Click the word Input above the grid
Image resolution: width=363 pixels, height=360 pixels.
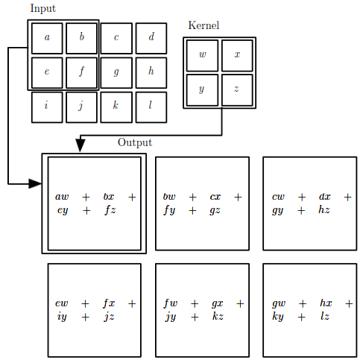pyautogui.click(x=43, y=9)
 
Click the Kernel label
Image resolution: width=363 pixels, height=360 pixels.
pyautogui.click(x=203, y=25)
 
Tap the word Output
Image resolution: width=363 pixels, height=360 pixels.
pyautogui.click(x=135, y=143)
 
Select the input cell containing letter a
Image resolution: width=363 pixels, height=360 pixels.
pyautogui.click(x=47, y=38)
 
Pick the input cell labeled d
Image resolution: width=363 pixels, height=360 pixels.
pyautogui.click(x=151, y=38)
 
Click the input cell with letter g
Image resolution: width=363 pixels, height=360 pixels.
pyautogui.click(x=116, y=73)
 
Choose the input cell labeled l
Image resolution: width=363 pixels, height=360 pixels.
pyautogui.click(x=151, y=107)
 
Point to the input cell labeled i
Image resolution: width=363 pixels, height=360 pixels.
pyautogui.click(x=47, y=107)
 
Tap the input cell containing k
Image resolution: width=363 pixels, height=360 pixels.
pyautogui.click(x=116, y=107)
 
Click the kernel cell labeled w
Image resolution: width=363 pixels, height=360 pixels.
pyautogui.click(x=203, y=56)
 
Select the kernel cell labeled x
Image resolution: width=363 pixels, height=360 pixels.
pyautogui.click(x=237, y=56)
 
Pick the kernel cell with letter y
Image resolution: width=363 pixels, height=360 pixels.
pyautogui.click(x=203, y=90)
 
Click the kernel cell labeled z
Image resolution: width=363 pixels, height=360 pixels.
pyautogui.click(x=237, y=90)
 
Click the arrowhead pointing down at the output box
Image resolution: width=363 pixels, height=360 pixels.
pyautogui.click(x=81, y=145)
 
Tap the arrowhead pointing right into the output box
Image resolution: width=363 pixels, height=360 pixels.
pyautogui.click(x=35, y=184)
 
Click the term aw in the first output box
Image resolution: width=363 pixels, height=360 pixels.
pyautogui.click(x=62, y=197)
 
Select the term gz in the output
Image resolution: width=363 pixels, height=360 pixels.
pyautogui.click(x=215, y=211)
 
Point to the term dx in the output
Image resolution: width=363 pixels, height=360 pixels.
pyautogui.click(x=325, y=197)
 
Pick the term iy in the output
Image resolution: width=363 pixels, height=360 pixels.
pyautogui.click(x=62, y=318)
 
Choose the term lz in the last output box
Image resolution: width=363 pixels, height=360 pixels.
pyautogui.click(x=325, y=316)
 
